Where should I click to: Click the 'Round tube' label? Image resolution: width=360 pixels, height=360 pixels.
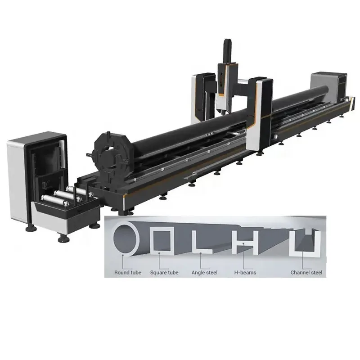pos(128,273)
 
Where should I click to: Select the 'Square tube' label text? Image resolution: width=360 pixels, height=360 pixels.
pos(164,273)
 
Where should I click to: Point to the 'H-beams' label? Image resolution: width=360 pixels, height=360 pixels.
pos(243,273)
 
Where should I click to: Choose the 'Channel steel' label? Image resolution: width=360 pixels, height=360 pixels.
pos(306,273)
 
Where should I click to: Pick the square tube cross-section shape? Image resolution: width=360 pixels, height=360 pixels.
pos(161,240)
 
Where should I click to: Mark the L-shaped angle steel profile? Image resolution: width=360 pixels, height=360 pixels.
pos(198,241)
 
